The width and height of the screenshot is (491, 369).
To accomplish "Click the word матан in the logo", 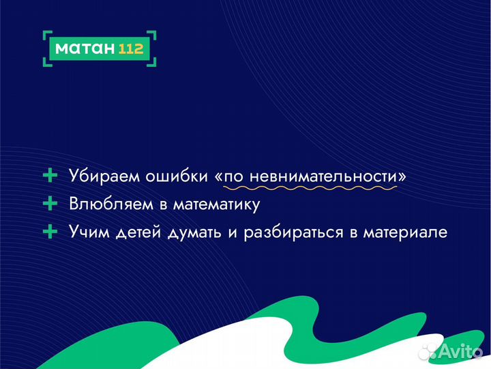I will point(83,49).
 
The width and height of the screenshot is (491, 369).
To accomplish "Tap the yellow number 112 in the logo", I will point(131,49).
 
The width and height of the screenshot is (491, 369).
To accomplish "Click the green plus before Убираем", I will point(50,176).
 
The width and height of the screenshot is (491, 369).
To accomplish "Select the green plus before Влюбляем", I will point(50,204).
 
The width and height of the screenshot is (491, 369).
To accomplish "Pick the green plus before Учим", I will point(50,232).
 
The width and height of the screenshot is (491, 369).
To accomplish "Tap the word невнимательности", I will point(324,176).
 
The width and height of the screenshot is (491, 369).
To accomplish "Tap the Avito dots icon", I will point(430,351).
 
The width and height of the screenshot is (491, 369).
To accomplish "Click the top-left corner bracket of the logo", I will point(46,34).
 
